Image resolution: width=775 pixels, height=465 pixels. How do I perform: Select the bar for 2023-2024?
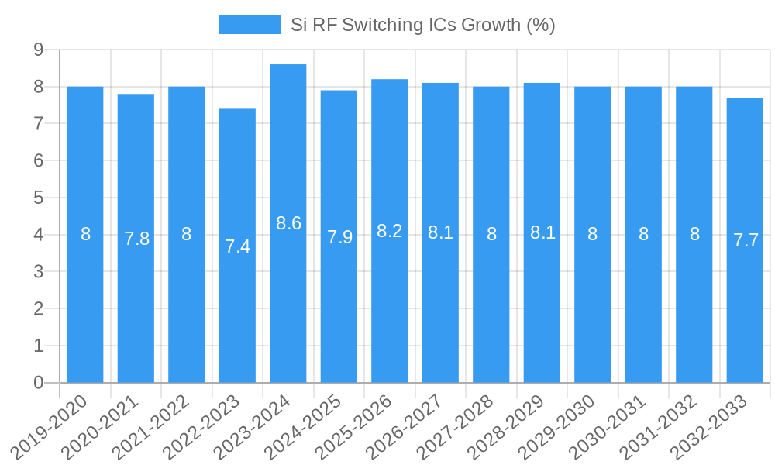pyautogui.click(x=288, y=225)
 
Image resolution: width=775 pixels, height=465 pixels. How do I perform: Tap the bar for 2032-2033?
pyautogui.click(x=745, y=240)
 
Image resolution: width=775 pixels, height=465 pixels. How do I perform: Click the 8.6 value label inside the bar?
pyautogui.click(x=288, y=223)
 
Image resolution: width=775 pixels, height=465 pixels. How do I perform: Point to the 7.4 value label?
pyautogui.click(x=237, y=246)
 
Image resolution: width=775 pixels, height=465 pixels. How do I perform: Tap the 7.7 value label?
pyautogui.click(x=746, y=240)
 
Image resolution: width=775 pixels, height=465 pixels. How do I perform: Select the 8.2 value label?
pyautogui.click(x=390, y=231)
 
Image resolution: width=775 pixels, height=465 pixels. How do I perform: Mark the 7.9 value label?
pyautogui.click(x=339, y=237)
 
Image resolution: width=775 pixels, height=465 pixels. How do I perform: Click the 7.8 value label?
pyautogui.click(x=136, y=239)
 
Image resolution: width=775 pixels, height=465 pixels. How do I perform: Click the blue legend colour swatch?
pyautogui.click(x=250, y=25)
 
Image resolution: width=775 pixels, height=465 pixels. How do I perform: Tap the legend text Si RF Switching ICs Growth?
pyautogui.click(x=422, y=25)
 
